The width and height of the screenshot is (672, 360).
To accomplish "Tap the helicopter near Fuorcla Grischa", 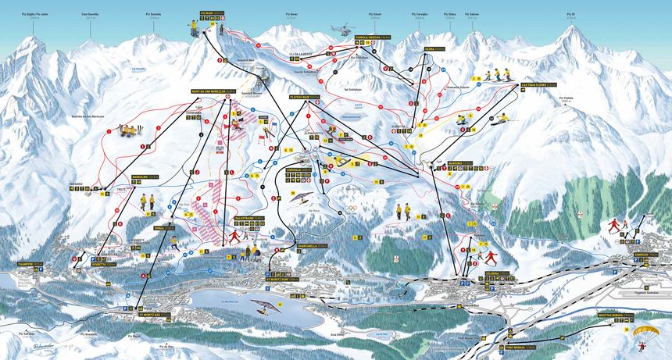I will click(x=342, y=29).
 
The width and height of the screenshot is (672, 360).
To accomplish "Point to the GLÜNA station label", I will click(x=434, y=48).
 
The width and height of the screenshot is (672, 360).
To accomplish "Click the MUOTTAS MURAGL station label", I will click(x=615, y=315).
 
